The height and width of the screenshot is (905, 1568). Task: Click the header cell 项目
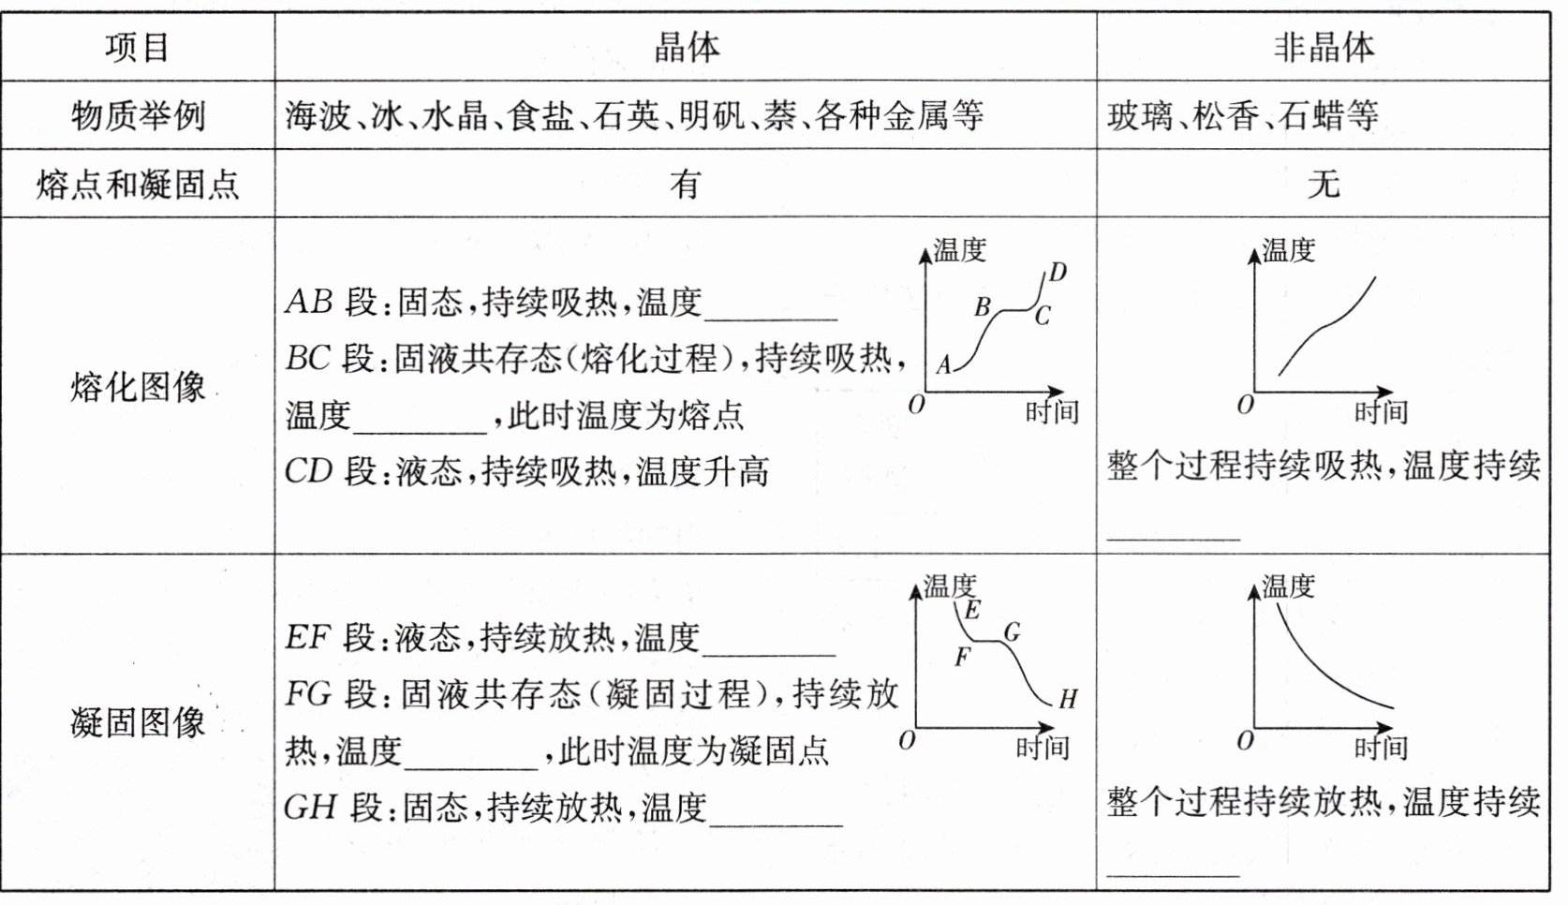tap(137, 47)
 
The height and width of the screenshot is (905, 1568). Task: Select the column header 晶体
tap(686, 47)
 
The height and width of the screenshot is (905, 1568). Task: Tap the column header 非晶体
tap(1323, 47)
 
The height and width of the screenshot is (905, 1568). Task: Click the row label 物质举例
tap(137, 116)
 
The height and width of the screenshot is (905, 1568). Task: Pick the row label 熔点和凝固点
tap(137, 185)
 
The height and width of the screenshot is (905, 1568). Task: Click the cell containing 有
tap(686, 185)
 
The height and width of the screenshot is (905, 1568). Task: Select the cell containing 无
tap(1323, 185)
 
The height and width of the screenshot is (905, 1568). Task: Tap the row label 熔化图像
tap(137, 386)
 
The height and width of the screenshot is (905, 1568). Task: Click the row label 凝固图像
tap(137, 722)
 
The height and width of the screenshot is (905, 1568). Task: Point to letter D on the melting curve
tap(1058, 273)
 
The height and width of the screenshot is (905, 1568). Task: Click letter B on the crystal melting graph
tap(982, 306)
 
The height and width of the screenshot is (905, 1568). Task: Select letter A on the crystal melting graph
tap(943, 364)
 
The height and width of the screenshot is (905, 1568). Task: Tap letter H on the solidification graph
tap(1068, 699)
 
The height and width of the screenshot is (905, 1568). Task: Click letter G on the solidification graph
tap(1012, 632)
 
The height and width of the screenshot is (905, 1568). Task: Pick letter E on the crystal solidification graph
tap(972, 611)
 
